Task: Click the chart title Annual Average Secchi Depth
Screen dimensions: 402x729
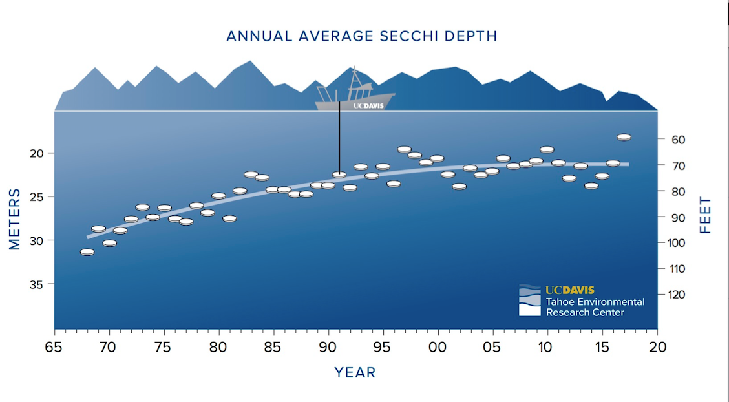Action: [x=361, y=36]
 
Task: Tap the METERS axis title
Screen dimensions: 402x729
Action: [x=15, y=219]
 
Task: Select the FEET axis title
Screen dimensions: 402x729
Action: [x=705, y=215]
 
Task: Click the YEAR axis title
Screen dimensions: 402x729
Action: [x=355, y=373]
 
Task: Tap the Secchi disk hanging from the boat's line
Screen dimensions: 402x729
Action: [x=339, y=175]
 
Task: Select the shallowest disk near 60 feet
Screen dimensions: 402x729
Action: [x=624, y=137]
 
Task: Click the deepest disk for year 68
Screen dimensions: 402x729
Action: [x=87, y=252]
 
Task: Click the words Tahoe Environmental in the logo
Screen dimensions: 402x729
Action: [x=595, y=302]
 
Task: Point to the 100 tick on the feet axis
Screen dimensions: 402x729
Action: [x=675, y=243]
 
